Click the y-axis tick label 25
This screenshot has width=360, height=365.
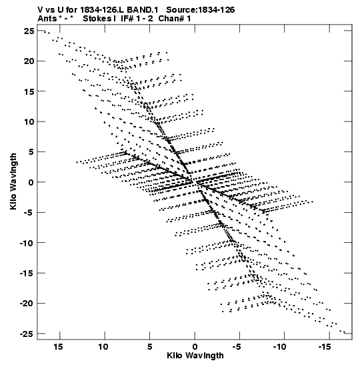tap(29, 31)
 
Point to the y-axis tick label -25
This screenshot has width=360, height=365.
tap(27, 334)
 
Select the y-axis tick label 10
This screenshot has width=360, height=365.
tap(29, 121)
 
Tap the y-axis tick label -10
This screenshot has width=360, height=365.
tap(27, 243)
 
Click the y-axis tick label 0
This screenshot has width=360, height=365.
tap(31, 182)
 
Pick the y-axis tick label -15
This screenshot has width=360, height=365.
tap(27, 274)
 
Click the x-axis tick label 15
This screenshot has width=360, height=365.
tap(59, 347)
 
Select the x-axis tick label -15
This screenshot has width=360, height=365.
tap(325, 347)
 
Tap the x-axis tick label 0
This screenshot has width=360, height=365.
tap(195, 347)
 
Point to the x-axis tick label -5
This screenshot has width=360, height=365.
tap(237, 347)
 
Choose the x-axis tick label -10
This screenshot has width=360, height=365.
tap(280, 347)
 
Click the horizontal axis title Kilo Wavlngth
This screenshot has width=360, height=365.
tap(195, 356)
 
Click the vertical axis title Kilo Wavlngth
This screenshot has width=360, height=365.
tap(13, 181)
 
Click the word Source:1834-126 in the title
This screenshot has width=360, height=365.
tap(201, 10)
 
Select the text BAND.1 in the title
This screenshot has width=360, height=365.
tap(142, 10)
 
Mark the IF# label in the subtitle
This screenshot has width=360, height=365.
tap(127, 19)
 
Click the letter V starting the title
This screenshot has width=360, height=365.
tap(41, 10)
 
